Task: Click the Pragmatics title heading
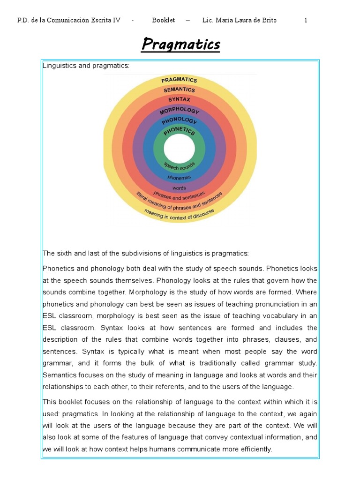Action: (180, 45)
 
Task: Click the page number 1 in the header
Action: (306, 20)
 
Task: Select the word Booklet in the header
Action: (164, 20)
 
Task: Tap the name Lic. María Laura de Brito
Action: (239, 20)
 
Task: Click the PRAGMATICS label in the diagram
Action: (179, 80)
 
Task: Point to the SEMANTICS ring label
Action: (179, 90)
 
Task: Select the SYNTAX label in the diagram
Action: (179, 99)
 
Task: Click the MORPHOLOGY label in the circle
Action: (179, 111)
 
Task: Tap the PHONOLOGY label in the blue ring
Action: (179, 121)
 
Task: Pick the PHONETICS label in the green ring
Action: (179, 132)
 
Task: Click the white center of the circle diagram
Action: (180, 149)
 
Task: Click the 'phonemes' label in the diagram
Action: (180, 178)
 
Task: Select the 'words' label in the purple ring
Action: (180, 187)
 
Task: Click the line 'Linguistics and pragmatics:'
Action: (86, 66)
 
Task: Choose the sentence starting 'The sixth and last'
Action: (146, 254)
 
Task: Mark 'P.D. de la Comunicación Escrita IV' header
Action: (69, 20)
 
